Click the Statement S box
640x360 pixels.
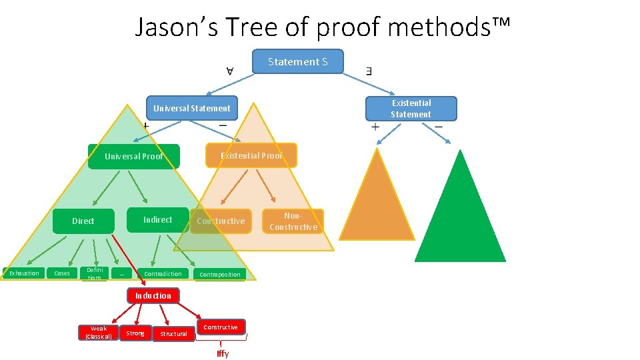(298, 61)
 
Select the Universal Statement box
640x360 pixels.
(191, 108)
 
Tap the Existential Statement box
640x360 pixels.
(411, 109)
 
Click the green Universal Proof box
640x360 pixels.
(134, 157)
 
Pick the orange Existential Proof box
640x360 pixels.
(251, 155)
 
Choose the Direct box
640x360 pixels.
(83, 221)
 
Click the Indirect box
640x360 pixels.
(157, 219)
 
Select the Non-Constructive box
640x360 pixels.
(293, 221)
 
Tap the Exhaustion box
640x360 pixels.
(23, 273)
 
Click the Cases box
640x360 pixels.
(61, 273)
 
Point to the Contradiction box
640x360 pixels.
(163, 273)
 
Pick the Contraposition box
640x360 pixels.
(220, 274)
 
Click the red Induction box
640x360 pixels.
(153, 295)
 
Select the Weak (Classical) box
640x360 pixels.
(98, 332)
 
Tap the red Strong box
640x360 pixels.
(135, 333)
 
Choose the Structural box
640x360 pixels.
(173, 333)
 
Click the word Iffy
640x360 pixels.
(223, 353)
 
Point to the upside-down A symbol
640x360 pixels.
(229, 70)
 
